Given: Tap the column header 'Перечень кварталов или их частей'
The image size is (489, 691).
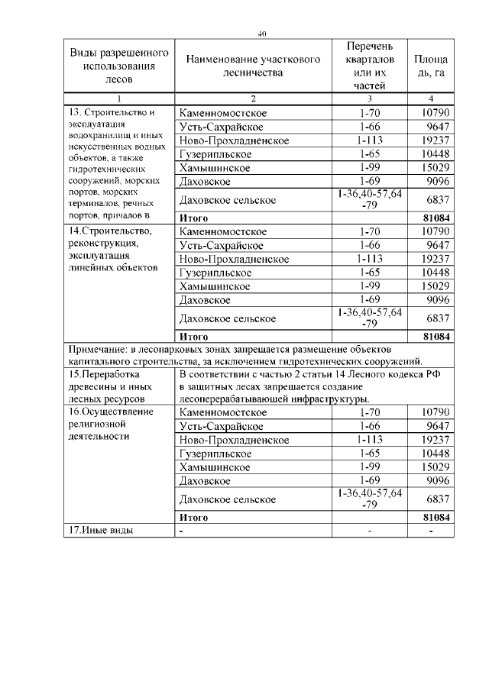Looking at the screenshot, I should [369, 66].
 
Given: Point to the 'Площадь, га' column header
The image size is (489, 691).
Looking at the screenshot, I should [431, 66].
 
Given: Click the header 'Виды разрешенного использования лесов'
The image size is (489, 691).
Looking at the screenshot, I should [119, 66].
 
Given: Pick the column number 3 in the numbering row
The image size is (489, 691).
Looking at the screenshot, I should [369, 99].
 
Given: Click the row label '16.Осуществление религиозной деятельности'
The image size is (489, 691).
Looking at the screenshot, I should [112, 424].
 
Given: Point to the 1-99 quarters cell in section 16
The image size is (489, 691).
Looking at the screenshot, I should [369, 467].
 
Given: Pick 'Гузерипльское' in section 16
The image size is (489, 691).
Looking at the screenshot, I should [216, 454].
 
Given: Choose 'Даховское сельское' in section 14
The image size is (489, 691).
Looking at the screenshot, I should [227, 318].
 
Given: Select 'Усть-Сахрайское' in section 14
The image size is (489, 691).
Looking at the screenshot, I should [221, 245].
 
